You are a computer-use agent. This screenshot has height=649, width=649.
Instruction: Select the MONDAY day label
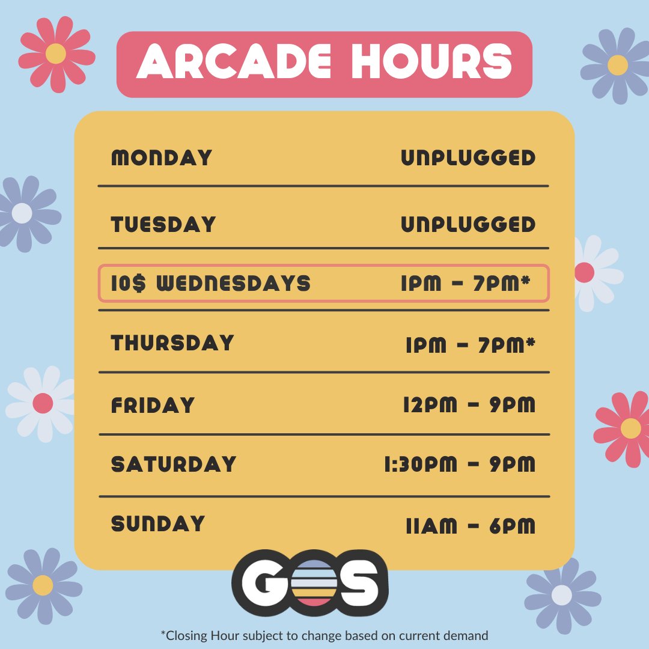pyautogui.click(x=162, y=158)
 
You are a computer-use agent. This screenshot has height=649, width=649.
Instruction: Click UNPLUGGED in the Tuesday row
pyautogui.click(x=468, y=225)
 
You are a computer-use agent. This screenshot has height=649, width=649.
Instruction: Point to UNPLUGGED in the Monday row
pyautogui.click(x=468, y=158)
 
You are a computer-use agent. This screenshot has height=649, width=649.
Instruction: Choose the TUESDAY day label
pyautogui.click(x=163, y=225)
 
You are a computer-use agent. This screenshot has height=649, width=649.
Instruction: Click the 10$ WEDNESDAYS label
pyautogui.click(x=211, y=283)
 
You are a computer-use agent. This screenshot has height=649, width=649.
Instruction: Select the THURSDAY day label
pyautogui.click(x=172, y=343)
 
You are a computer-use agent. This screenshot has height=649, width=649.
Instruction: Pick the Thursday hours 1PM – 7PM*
pyautogui.click(x=470, y=345)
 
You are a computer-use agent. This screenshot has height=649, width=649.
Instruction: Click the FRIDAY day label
pyautogui.click(x=153, y=405)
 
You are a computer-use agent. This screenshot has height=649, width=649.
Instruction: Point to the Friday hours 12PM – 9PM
pyautogui.click(x=469, y=405)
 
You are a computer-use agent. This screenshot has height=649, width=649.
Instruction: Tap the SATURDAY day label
pyautogui.click(x=174, y=465)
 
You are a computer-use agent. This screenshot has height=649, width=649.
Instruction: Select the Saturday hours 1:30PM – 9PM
pyautogui.click(x=459, y=465)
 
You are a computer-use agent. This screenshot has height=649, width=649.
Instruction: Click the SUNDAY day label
pyautogui.click(x=158, y=524)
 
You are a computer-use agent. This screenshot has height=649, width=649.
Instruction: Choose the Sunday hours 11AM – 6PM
pyautogui.click(x=470, y=526)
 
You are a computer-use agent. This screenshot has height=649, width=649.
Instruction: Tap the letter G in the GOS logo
pyautogui.click(x=265, y=582)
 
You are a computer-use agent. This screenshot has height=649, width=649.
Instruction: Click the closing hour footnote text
pyautogui.click(x=324, y=635)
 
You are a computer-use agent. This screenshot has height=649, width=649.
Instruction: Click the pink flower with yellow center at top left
pyautogui.click(x=56, y=54)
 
